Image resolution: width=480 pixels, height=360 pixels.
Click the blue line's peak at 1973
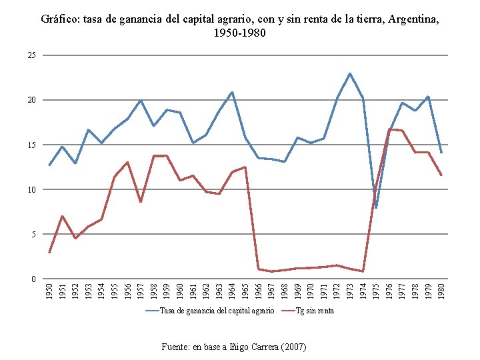tap(349, 73)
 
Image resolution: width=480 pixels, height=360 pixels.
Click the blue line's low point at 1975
tap(376, 207)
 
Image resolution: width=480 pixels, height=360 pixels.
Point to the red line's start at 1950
tap(49, 253)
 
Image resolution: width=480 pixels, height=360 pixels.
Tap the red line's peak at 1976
tap(389, 129)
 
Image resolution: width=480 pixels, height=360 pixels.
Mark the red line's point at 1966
tap(258, 269)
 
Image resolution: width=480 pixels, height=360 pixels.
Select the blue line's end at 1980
tap(441, 153)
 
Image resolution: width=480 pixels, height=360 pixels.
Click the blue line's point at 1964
tap(232, 92)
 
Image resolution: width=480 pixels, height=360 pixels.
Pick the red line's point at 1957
tap(141, 201)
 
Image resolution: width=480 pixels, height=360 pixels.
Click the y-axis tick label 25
tap(32, 55)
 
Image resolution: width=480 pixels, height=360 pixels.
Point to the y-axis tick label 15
tap(32, 145)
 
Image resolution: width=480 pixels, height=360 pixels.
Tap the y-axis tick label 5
tap(34, 234)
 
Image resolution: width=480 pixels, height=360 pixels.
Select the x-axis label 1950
tap(49, 290)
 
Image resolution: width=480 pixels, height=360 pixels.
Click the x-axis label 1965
tap(245, 290)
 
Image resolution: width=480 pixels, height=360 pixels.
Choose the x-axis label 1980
tap(441, 290)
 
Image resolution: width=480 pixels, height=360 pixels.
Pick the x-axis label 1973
tap(350, 290)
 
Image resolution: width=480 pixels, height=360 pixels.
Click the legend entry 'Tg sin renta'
tap(315, 311)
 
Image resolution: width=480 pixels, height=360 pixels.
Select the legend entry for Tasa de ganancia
tap(217, 311)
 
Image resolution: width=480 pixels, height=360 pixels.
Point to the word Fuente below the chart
tap(176, 347)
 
